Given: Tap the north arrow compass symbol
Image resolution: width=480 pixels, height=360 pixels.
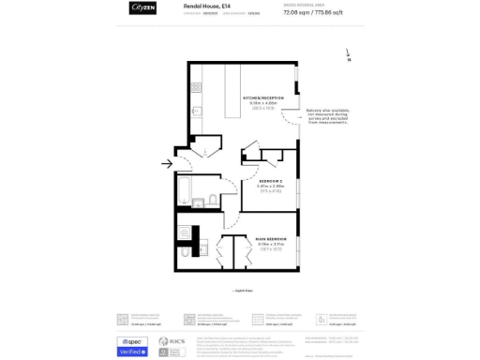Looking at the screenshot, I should click(x=348, y=55).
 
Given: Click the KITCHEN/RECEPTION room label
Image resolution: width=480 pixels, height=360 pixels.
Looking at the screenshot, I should click(x=263, y=97).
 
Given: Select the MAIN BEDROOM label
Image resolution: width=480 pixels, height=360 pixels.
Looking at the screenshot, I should click(x=270, y=239).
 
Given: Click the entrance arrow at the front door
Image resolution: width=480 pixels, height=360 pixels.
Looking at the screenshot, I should click(x=167, y=164).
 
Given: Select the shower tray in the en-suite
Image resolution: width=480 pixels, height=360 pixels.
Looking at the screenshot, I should click(x=185, y=232).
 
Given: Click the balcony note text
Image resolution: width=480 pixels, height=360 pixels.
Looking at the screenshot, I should click(x=326, y=116).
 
